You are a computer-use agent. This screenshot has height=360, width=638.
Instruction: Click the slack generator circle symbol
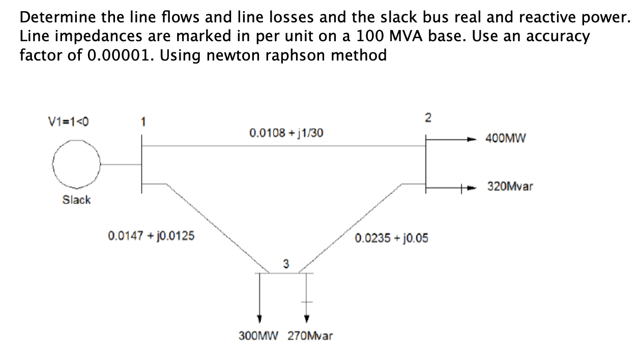77,164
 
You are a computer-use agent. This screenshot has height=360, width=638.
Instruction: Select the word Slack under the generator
76,200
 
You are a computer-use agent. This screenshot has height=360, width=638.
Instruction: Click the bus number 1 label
143,122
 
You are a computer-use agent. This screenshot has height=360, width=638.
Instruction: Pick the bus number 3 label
285,263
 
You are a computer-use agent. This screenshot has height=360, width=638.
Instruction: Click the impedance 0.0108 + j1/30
286,133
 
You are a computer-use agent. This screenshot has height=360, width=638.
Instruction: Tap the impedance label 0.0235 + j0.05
392,238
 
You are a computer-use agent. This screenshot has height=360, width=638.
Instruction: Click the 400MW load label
507,138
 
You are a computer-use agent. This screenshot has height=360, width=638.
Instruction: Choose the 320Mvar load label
510,187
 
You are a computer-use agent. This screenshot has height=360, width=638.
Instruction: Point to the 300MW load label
259,336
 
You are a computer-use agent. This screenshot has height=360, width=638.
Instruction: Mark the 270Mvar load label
310,336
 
